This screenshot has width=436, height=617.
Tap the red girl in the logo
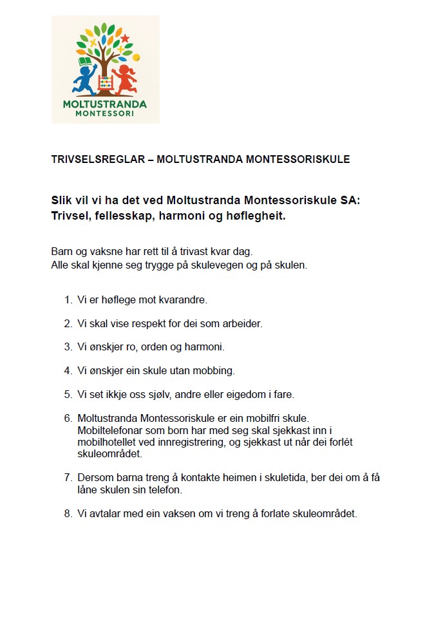(x=124, y=79)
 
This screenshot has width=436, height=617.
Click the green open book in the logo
(x=85, y=62)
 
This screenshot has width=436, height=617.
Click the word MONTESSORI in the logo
(x=104, y=113)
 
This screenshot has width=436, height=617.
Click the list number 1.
(x=68, y=299)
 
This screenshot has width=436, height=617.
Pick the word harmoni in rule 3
(x=205, y=346)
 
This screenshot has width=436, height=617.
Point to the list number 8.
(x=68, y=514)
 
